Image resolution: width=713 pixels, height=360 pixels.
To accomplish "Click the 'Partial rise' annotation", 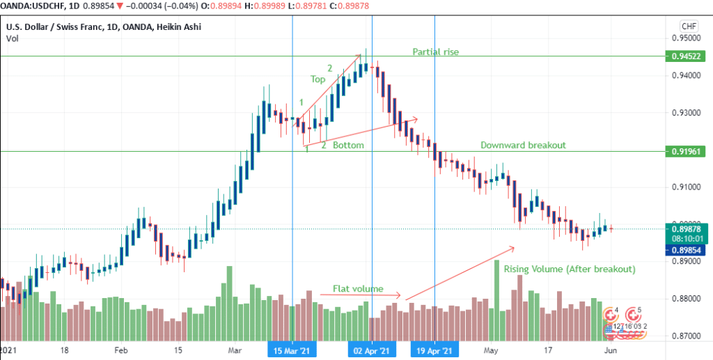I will [x=436, y=52].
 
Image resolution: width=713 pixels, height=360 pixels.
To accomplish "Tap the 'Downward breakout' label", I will [x=523, y=146].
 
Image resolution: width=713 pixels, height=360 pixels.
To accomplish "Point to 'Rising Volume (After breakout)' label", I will [x=570, y=269].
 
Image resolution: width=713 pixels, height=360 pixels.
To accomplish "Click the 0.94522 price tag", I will [x=686, y=56].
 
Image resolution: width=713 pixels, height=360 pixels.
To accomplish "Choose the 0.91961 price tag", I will [x=686, y=151].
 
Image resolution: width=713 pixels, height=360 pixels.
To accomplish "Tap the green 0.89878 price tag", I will [x=686, y=229].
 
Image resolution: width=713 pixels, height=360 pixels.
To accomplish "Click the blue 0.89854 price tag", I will [x=686, y=249].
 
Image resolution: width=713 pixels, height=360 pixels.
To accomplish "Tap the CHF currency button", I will [x=689, y=26].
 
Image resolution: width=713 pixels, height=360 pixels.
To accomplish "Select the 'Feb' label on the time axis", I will [x=122, y=350].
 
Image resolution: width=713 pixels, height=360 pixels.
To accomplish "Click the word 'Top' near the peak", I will [x=318, y=79].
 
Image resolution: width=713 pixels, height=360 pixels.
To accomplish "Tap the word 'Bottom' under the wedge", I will [x=347, y=146].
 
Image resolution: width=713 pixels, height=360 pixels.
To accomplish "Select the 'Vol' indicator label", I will [x=12, y=39].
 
